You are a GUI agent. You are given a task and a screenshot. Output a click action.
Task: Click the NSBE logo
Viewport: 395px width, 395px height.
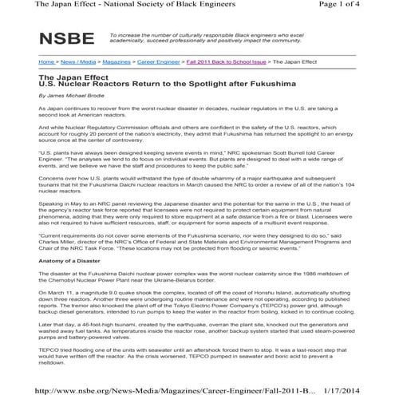coord(66,40)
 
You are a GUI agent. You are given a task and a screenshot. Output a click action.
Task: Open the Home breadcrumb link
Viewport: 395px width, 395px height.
coord(47,61)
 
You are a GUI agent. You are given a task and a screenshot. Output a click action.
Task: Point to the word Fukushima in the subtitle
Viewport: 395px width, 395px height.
coord(253,84)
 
